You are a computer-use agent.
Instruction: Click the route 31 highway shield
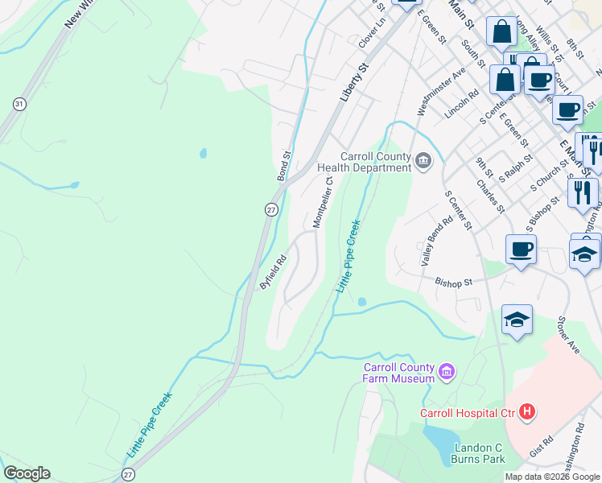[x=19, y=104]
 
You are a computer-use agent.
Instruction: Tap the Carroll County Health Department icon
[x=423, y=163]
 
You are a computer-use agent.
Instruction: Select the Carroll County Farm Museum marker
[x=447, y=373]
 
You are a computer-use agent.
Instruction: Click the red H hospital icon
[x=527, y=413]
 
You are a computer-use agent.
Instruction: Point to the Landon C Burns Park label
[x=479, y=453]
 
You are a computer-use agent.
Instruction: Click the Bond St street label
[x=283, y=165]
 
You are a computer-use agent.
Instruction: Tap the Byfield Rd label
[x=273, y=273]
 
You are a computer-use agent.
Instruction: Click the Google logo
[x=27, y=473]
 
